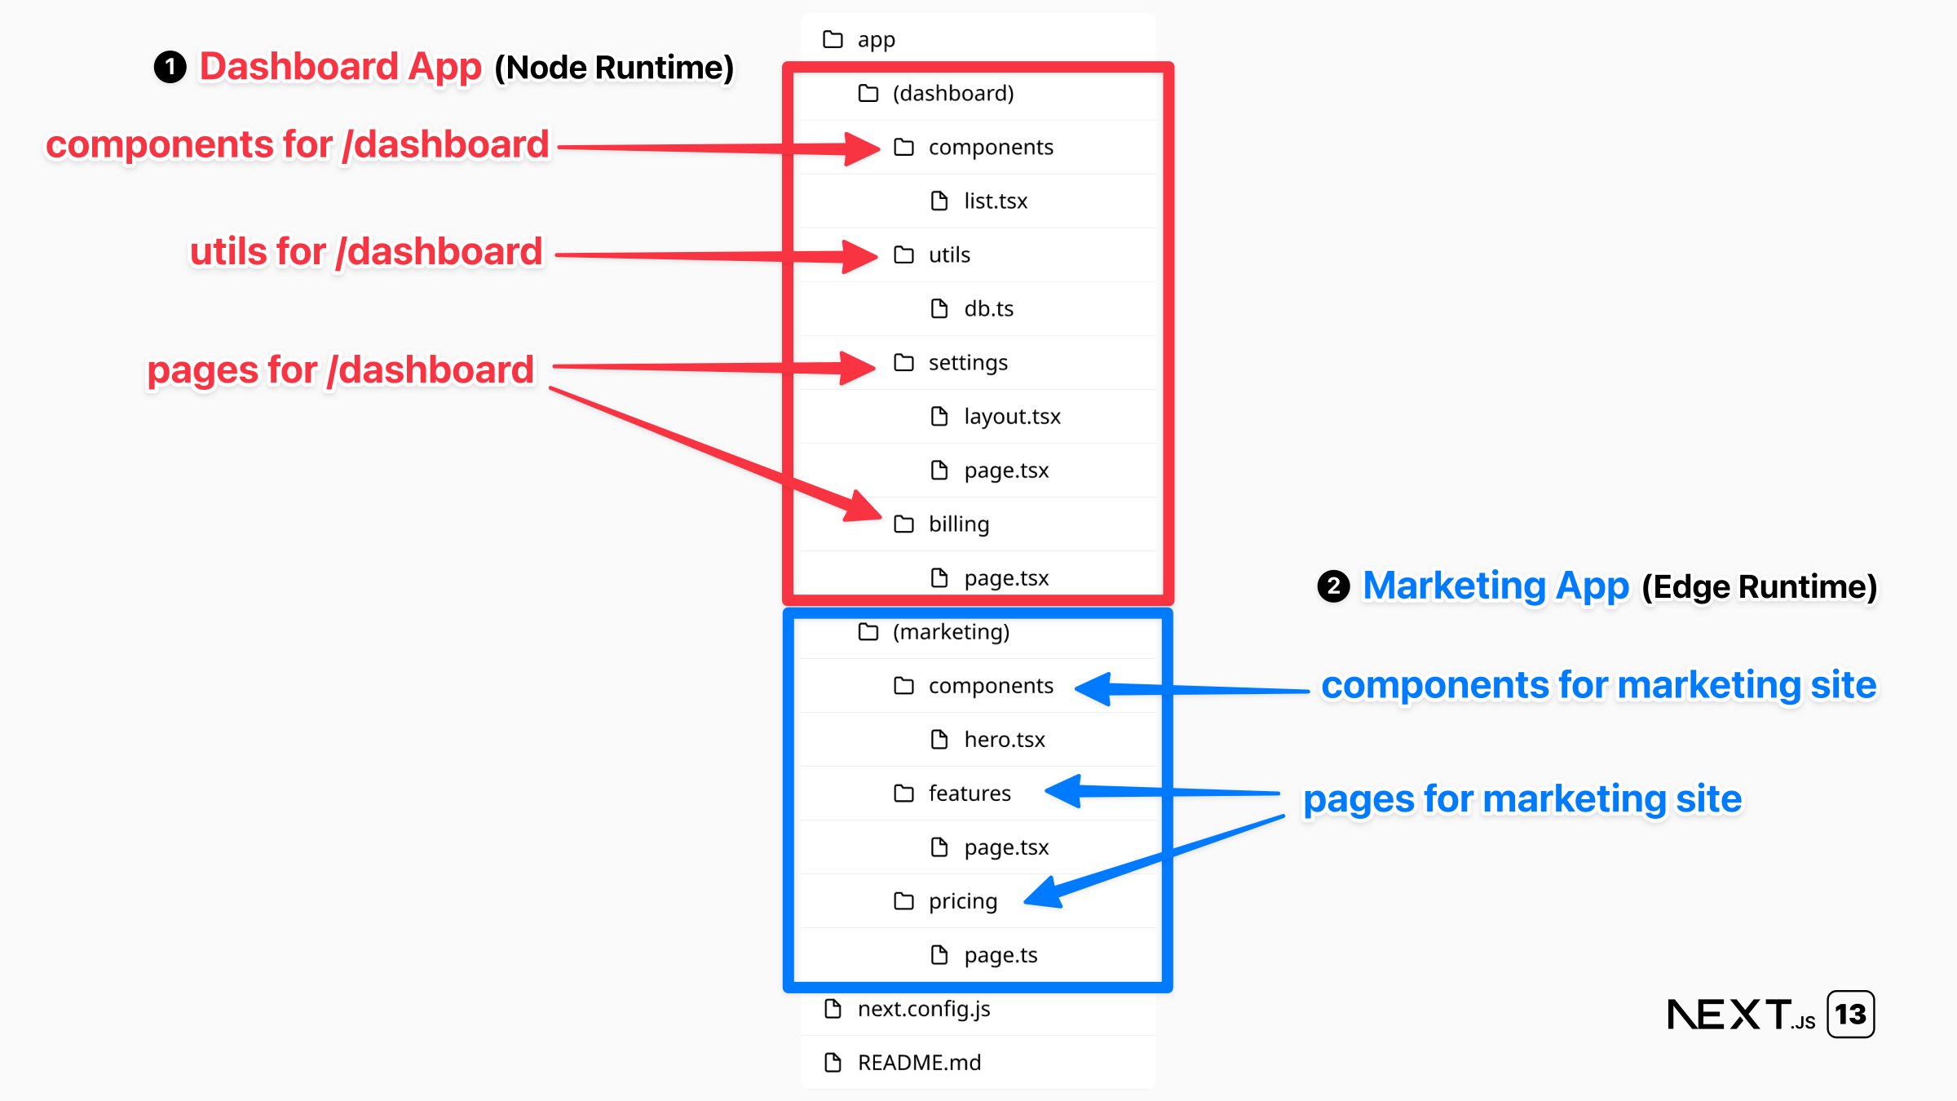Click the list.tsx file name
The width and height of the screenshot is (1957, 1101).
(995, 201)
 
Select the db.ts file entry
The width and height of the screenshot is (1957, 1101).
(988, 308)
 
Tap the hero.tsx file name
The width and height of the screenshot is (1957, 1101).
(1004, 739)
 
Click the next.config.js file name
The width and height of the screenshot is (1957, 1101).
(923, 1009)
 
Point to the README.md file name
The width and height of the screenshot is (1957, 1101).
(919, 1063)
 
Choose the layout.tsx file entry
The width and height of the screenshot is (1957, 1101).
(1012, 416)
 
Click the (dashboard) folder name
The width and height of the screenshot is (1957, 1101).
(953, 93)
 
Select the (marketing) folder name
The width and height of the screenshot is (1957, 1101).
(951, 631)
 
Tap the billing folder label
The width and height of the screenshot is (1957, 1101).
(958, 524)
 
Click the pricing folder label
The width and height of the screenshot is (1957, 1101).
(962, 901)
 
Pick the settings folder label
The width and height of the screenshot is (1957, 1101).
(968, 362)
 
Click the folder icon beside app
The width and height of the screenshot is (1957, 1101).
(833, 39)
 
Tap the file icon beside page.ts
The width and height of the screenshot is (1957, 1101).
(939, 954)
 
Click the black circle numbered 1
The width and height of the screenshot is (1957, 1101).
(170, 67)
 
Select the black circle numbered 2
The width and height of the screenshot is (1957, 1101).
(1333, 586)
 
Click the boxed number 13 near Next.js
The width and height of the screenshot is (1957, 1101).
(1850, 1015)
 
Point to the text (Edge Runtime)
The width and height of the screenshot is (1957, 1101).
(1759, 587)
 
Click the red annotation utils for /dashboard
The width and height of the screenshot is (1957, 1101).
(366, 252)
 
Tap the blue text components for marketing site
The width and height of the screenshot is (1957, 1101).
(1598, 685)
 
